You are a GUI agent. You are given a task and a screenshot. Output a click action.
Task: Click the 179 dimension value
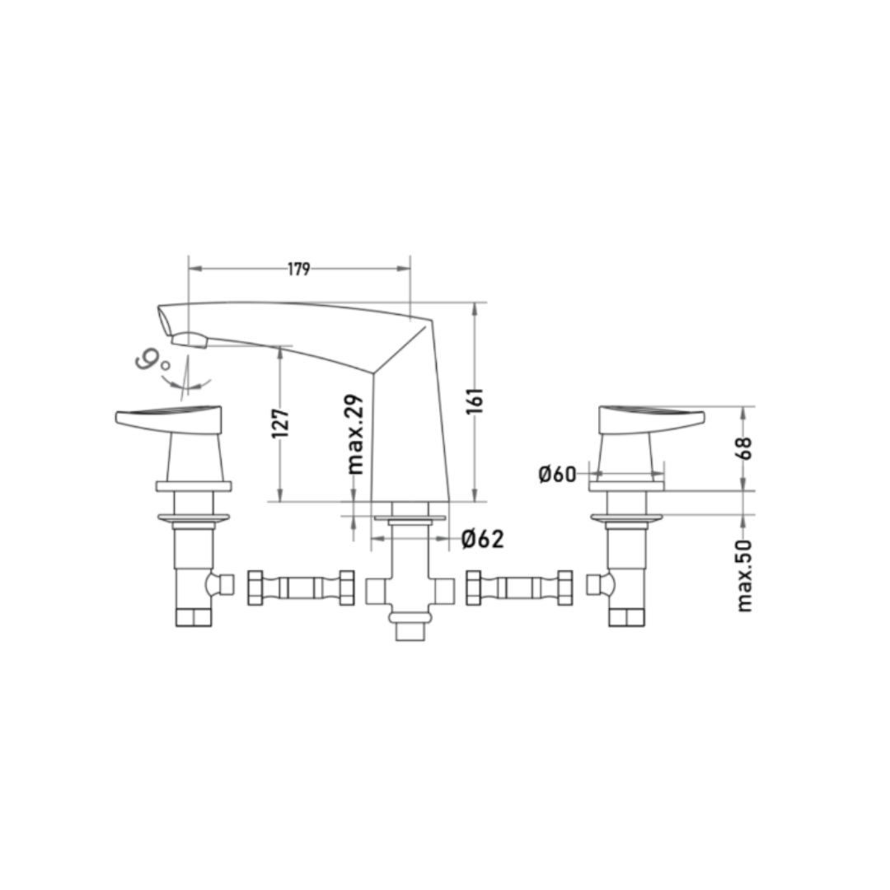pos(298,269)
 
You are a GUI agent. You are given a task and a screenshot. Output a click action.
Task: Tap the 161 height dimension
pos(475,400)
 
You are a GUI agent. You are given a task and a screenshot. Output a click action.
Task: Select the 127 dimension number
pos(280,423)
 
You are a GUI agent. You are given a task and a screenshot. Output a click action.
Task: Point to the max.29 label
pos(354,434)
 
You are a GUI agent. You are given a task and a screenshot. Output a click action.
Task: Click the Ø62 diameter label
pos(482,539)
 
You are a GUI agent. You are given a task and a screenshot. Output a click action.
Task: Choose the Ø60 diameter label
pos(557,474)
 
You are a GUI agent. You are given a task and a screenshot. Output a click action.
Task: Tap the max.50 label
pos(744,575)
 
